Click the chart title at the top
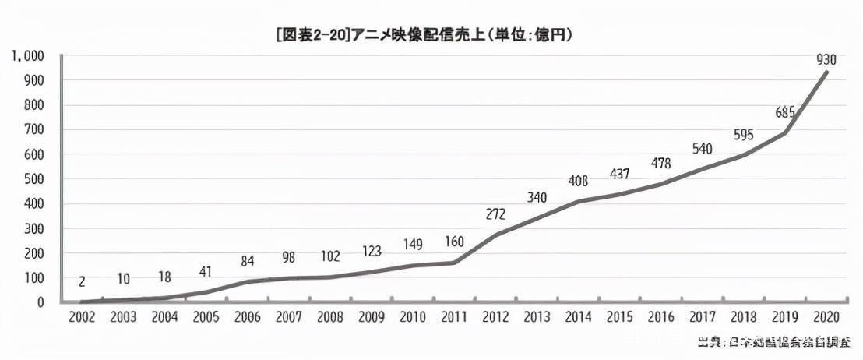pyautogui.click(x=430, y=35)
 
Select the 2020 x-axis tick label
pyautogui.click(x=827, y=317)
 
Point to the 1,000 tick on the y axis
pyautogui.click(x=26, y=56)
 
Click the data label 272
pyautogui.click(x=495, y=214)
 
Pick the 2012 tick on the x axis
pyautogui.click(x=495, y=317)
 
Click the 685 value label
pyautogui.click(x=785, y=112)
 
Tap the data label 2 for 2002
pyautogui.click(x=81, y=281)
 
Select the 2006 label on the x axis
pyautogui.click(x=247, y=317)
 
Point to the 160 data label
pyautogui.click(x=454, y=242)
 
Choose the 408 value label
pyautogui.click(x=578, y=182)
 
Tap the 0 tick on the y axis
pyautogui.click(x=38, y=302)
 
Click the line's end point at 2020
pyautogui.click(x=827, y=72)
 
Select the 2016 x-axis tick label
pyautogui.click(x=661, y=317)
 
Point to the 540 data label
pyautogui.click(x=703, y=149)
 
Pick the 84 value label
pyautogui.click(x=247, y=261)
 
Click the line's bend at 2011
pyautogui.click(x=454, y=263)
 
